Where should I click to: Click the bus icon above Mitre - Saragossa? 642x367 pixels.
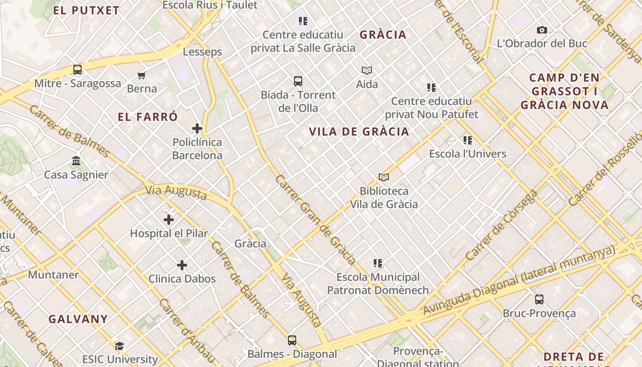[77, 70]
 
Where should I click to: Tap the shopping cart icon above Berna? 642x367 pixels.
[142, 75]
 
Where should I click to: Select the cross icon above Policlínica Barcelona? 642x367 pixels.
[197, 128]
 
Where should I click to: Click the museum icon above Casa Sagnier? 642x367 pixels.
[76, 161]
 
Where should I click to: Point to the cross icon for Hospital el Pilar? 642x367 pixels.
[169, 220]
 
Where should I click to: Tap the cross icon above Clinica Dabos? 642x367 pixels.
[182, 265]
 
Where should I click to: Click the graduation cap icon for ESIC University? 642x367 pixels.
[120, 346]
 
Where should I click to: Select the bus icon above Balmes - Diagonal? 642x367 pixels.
[292, 340]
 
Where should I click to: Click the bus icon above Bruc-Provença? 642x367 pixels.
[539, 300]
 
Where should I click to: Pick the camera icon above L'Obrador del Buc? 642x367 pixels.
[542, 30]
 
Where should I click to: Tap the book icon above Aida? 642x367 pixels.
[367, 70]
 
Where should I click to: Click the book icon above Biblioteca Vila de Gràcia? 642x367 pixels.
[384, 177]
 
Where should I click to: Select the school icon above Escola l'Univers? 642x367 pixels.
[468, 140]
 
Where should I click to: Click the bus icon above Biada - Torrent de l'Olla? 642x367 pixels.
[298, 81]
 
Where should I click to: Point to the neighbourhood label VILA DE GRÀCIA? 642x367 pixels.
[359, 132]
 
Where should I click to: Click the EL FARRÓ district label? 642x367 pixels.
[148, 117]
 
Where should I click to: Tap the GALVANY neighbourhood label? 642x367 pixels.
[78, 319]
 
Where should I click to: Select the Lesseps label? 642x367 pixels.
[202, 52]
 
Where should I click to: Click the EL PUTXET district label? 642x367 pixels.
[86, 11]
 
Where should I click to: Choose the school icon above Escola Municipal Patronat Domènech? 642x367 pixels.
[378, 263]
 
